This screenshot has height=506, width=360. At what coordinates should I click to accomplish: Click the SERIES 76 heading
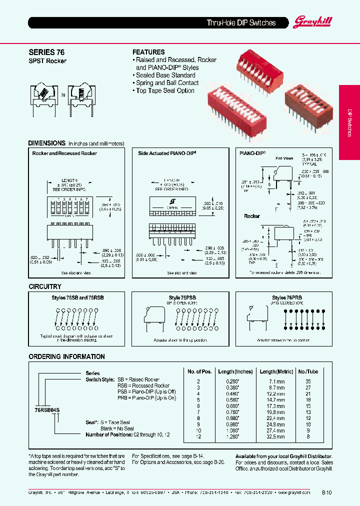pos(46,52)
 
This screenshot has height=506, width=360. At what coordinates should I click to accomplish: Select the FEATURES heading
pos(148,52)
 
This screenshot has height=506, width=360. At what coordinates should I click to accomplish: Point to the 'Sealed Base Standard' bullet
pos(165,75)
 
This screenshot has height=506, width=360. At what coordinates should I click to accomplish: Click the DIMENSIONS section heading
pos(47,143)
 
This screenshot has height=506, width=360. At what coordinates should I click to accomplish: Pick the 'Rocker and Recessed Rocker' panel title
pos(64,153)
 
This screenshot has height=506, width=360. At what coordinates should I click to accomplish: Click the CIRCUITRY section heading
pos(45,286)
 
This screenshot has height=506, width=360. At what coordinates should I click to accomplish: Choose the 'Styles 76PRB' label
pos(286,297)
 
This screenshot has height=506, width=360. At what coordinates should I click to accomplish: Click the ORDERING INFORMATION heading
pos(66,356)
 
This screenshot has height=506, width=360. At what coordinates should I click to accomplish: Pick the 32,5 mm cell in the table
pos(274,436)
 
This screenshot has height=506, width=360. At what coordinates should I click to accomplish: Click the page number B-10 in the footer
pos(326,492)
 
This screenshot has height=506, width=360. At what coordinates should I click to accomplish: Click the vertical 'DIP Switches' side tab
pos(349,122)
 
